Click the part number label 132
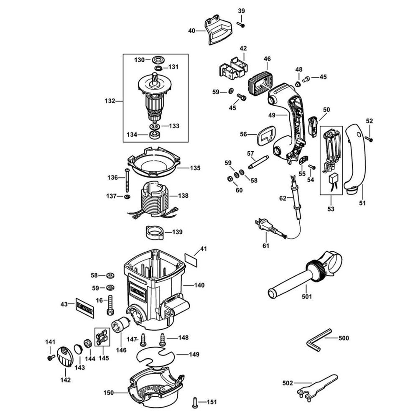pyautogui.click(x=110, y=101)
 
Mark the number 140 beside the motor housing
pyautogui.click(x=199, y=285)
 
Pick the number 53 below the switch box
pyautogui.click(x=331, y=208)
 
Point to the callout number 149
pyautogui.click(x=194, y=354)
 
